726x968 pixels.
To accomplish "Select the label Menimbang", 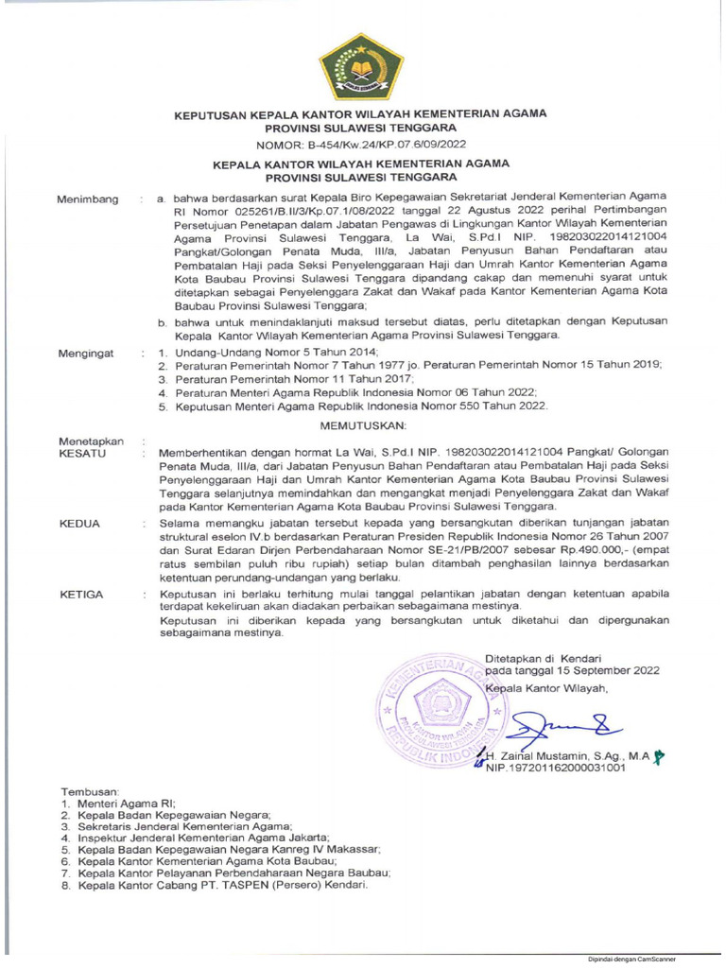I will (x=88, y=199).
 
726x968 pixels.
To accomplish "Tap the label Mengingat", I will (x=85, y=353).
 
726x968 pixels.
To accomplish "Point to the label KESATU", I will (x=82, y=454).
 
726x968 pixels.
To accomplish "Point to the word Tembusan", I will (x=91, y=790).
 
